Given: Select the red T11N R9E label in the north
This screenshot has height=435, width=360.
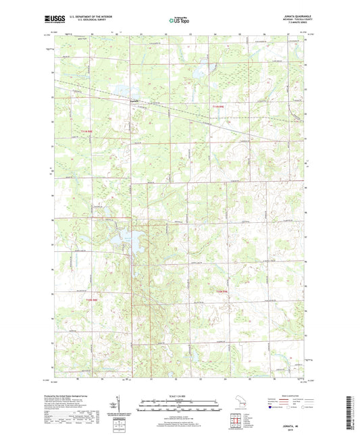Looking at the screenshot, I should coord(216,107).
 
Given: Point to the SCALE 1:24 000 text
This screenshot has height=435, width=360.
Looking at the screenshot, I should coord(180,395).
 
